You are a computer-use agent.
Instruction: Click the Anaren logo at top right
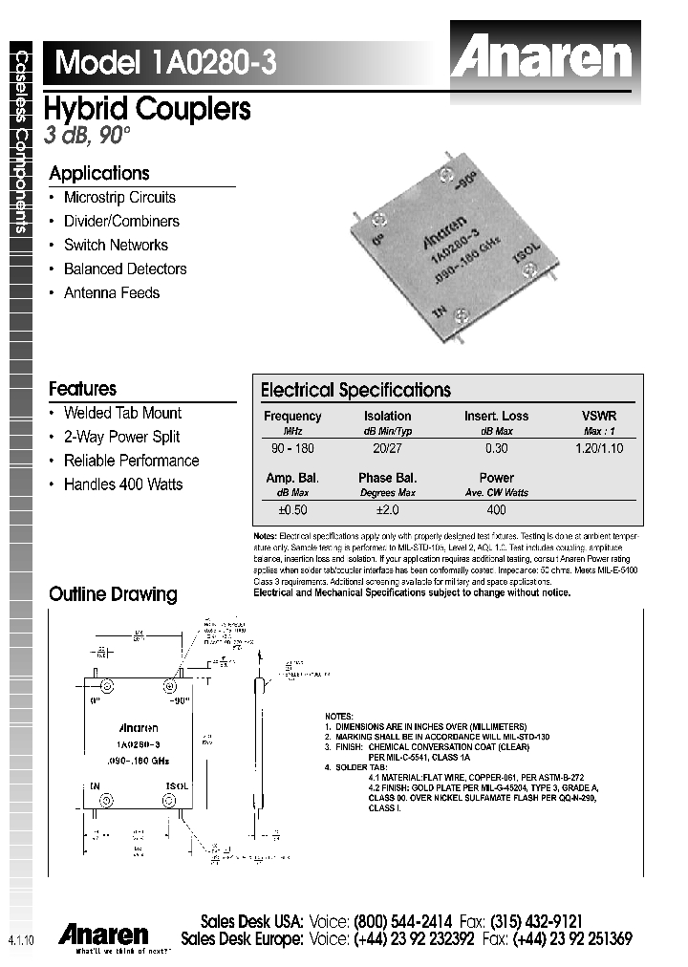(x=542, y=58)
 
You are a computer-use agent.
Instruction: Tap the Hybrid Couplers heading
(x=148, y=110)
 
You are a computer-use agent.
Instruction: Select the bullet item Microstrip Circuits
(x=119, y=198)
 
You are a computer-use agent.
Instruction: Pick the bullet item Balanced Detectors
(x=125, y=269)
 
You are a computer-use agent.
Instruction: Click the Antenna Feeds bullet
(x=112, y=293)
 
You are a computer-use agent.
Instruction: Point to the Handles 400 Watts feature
(x=123, y=484)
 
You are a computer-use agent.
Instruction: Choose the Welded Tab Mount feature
(x=122, y=413)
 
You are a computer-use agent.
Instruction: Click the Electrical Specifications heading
(x=355, y=390)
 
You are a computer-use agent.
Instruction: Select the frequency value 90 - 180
(x=292, y=448)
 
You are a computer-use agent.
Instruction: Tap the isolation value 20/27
(x=387, y=448)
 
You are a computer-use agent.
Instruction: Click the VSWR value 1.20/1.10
(x=599, y=448)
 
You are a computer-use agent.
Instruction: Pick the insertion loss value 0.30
(x=496, y=448)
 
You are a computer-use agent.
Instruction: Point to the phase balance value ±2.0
(x=387, y=510)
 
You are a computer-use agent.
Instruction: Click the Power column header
(x=496, y=478)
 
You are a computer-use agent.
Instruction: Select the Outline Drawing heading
(x=113, y=594)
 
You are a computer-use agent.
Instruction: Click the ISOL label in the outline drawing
(x=178, y=784)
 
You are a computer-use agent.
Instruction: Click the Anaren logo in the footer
(x=103, y=934)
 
